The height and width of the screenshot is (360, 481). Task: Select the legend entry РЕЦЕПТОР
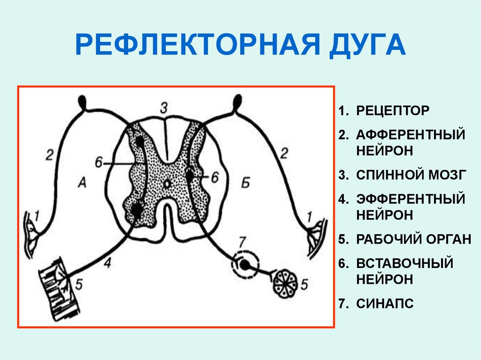click(392, 111)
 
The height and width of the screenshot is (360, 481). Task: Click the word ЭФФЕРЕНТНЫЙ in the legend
click(410, 199)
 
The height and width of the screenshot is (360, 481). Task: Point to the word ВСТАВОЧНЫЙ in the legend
click(404, 263)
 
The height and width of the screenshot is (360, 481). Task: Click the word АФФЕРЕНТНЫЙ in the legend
click(410, 135)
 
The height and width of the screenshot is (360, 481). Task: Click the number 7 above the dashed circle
click(242, 243)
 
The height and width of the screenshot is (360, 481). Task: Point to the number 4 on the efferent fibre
click(107, 264)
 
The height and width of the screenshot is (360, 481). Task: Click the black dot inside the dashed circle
click(244, 264)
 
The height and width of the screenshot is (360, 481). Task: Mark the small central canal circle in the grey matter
click(166, 183)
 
